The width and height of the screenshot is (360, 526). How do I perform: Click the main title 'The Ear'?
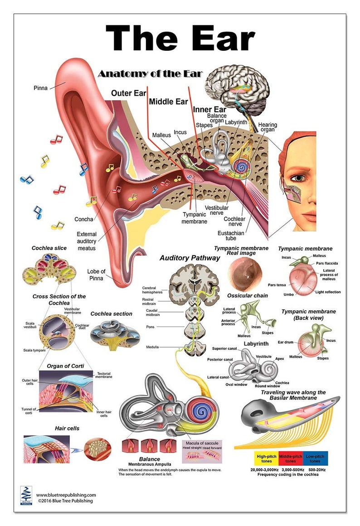click(x=180, y=39)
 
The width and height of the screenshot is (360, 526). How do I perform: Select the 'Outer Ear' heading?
click(x=128, y=93)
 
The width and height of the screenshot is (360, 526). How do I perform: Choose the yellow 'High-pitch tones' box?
click(x=254, y=458)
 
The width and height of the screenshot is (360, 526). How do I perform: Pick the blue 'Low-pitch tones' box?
click(x=315, y=458)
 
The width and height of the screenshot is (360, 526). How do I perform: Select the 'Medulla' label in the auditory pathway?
click(x=152, y=347)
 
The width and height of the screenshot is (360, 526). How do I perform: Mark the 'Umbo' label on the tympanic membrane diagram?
click(x=289, y=294)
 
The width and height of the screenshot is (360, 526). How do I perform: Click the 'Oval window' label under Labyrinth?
click(x=236, y=385)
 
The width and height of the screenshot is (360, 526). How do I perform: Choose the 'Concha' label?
click(x=84, y=219)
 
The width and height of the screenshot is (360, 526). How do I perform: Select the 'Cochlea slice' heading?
click(x=49, y=248)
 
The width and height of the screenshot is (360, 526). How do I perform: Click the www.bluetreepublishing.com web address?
click(x=66, y=495)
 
